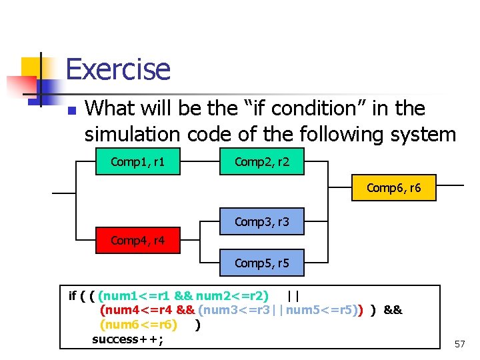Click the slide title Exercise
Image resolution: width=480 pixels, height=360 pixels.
118,69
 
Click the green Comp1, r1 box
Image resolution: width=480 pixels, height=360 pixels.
138,161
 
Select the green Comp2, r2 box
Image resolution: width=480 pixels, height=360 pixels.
262,161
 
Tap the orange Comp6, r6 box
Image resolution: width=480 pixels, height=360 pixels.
393,189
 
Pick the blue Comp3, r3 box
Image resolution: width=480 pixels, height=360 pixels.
262,221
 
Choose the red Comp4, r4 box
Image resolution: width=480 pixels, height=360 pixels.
138,240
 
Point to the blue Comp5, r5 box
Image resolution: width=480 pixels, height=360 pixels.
262,263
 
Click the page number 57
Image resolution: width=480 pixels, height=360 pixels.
459,344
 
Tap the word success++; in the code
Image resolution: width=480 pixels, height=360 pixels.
128,339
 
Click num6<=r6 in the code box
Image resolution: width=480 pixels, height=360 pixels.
138,325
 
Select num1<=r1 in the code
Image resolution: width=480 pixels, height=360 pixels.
134,295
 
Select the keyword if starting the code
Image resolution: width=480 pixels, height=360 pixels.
73,295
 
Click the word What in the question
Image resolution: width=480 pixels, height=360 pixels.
109,108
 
